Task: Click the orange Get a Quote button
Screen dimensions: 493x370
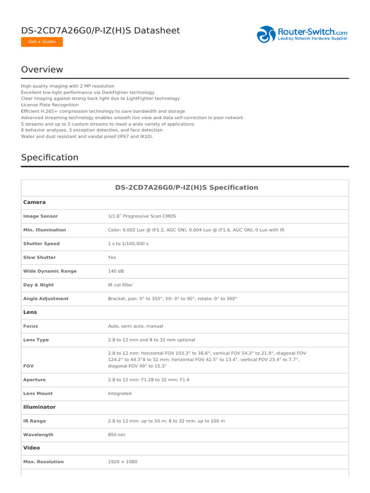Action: click(42, 42)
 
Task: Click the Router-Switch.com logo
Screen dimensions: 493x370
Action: click(302, 34)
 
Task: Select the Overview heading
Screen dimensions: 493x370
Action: click(42, 69)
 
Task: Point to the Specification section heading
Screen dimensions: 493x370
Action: click(50, 157)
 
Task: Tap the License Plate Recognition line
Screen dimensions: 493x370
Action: click(50, 104)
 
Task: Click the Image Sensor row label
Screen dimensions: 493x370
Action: click(40, 217)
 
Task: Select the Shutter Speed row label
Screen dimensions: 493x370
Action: click(41, 244)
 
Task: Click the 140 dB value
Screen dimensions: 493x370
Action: click(116, 271)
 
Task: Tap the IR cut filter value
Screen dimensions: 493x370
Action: click(120, 285)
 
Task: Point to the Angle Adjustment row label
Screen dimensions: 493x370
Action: click(46, 298)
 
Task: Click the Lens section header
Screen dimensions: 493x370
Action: click(30, 312)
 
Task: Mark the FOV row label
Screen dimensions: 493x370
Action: click(28, 366)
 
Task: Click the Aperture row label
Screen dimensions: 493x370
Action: click(34, 380)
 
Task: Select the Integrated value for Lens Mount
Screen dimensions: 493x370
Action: click(119, 393)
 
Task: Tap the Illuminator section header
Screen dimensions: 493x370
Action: click(40, 407)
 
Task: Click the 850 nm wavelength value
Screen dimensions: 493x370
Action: click(117, 434)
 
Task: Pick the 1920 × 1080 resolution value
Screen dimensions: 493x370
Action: click(122, 462)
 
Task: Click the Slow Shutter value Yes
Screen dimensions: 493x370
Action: click(112, 258)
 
